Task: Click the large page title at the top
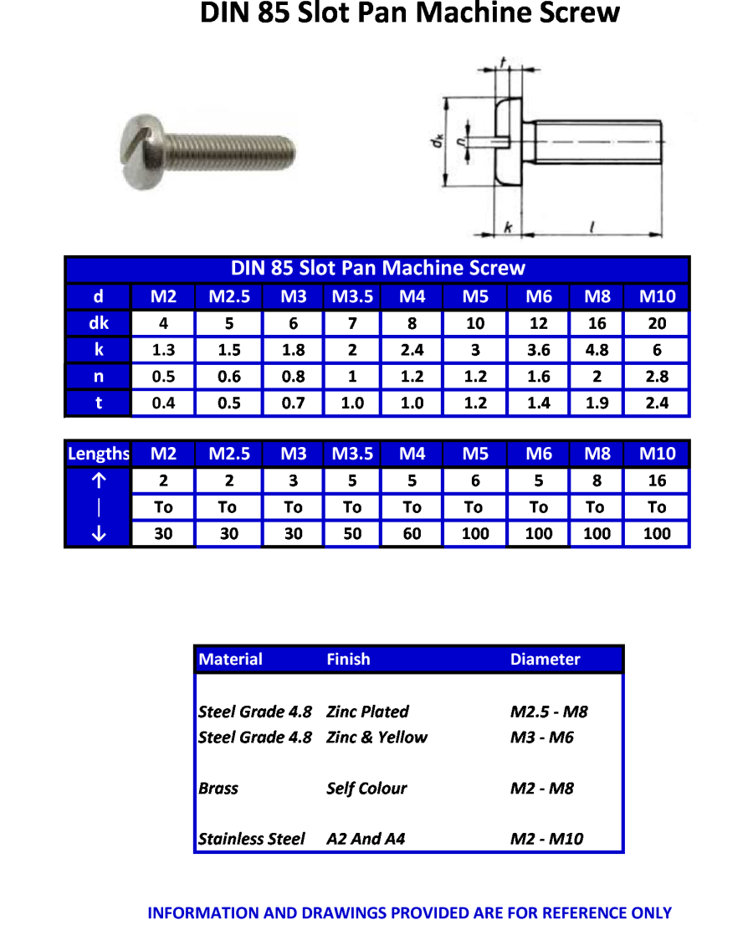coord(409,13)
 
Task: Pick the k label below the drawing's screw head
coord(507,227)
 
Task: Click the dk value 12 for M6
coord(538,323)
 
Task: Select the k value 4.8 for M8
coord(597,350)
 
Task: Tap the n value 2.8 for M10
coord(657,377)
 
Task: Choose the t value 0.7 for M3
coord(293,403)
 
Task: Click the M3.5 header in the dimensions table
coord(352,296)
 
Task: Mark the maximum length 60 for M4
coord(412,533)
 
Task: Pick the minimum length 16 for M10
coord(657,480)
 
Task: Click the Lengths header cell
coord(98,454)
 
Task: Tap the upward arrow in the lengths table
coord(98,480)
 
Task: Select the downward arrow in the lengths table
coord(98,533)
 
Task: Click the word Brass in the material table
coord(218,789)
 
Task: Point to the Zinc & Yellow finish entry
coord(376,737)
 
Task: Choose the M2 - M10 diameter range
coord(546,839)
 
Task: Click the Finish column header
coord(348,660)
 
